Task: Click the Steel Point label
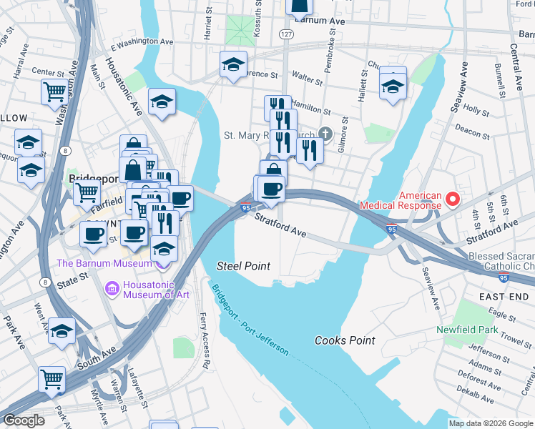pos(243,266)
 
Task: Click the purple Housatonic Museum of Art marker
pos(112,288)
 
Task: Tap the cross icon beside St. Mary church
pos(325,134)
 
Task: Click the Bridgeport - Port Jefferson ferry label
pos(250,319)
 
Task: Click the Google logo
pos(24,420)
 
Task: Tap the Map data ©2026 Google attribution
pos(490,423)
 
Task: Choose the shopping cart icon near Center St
pos(54,92)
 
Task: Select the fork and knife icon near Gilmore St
pos(309,149)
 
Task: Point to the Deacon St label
pos(471,130)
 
